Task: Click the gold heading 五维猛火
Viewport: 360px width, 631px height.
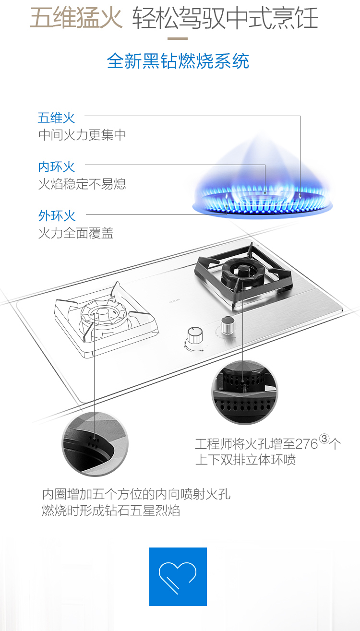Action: (x=76, y=18)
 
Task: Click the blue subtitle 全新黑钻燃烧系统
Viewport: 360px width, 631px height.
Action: (x=178, y=61)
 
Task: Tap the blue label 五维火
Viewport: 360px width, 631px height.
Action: (x=56, y=118)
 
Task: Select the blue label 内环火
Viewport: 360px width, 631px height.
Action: (x=56, y=167)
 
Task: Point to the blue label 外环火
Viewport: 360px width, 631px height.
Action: (x=57, y=216)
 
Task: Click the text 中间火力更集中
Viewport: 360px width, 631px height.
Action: (x=82, y=135)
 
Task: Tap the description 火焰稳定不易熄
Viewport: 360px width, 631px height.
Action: (x=82, y=184)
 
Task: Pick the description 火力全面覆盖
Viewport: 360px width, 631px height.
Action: (x=76, y=234)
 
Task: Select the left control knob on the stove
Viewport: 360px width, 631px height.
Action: (x=194, y=335)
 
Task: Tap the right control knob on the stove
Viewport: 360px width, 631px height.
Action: (x=226, y=326)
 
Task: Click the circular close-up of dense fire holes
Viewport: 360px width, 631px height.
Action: (x=245, y=392)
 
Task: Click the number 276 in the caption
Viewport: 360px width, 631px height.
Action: (x=307, y=444)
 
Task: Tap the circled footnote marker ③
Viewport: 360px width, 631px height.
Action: (x=325, y=439)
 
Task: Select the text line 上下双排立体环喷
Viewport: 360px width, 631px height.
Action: (x=245, y=460)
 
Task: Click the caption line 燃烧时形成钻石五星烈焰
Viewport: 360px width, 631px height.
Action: (x=111, y=511)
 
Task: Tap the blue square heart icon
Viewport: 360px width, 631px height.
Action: (x=178, y=576)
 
